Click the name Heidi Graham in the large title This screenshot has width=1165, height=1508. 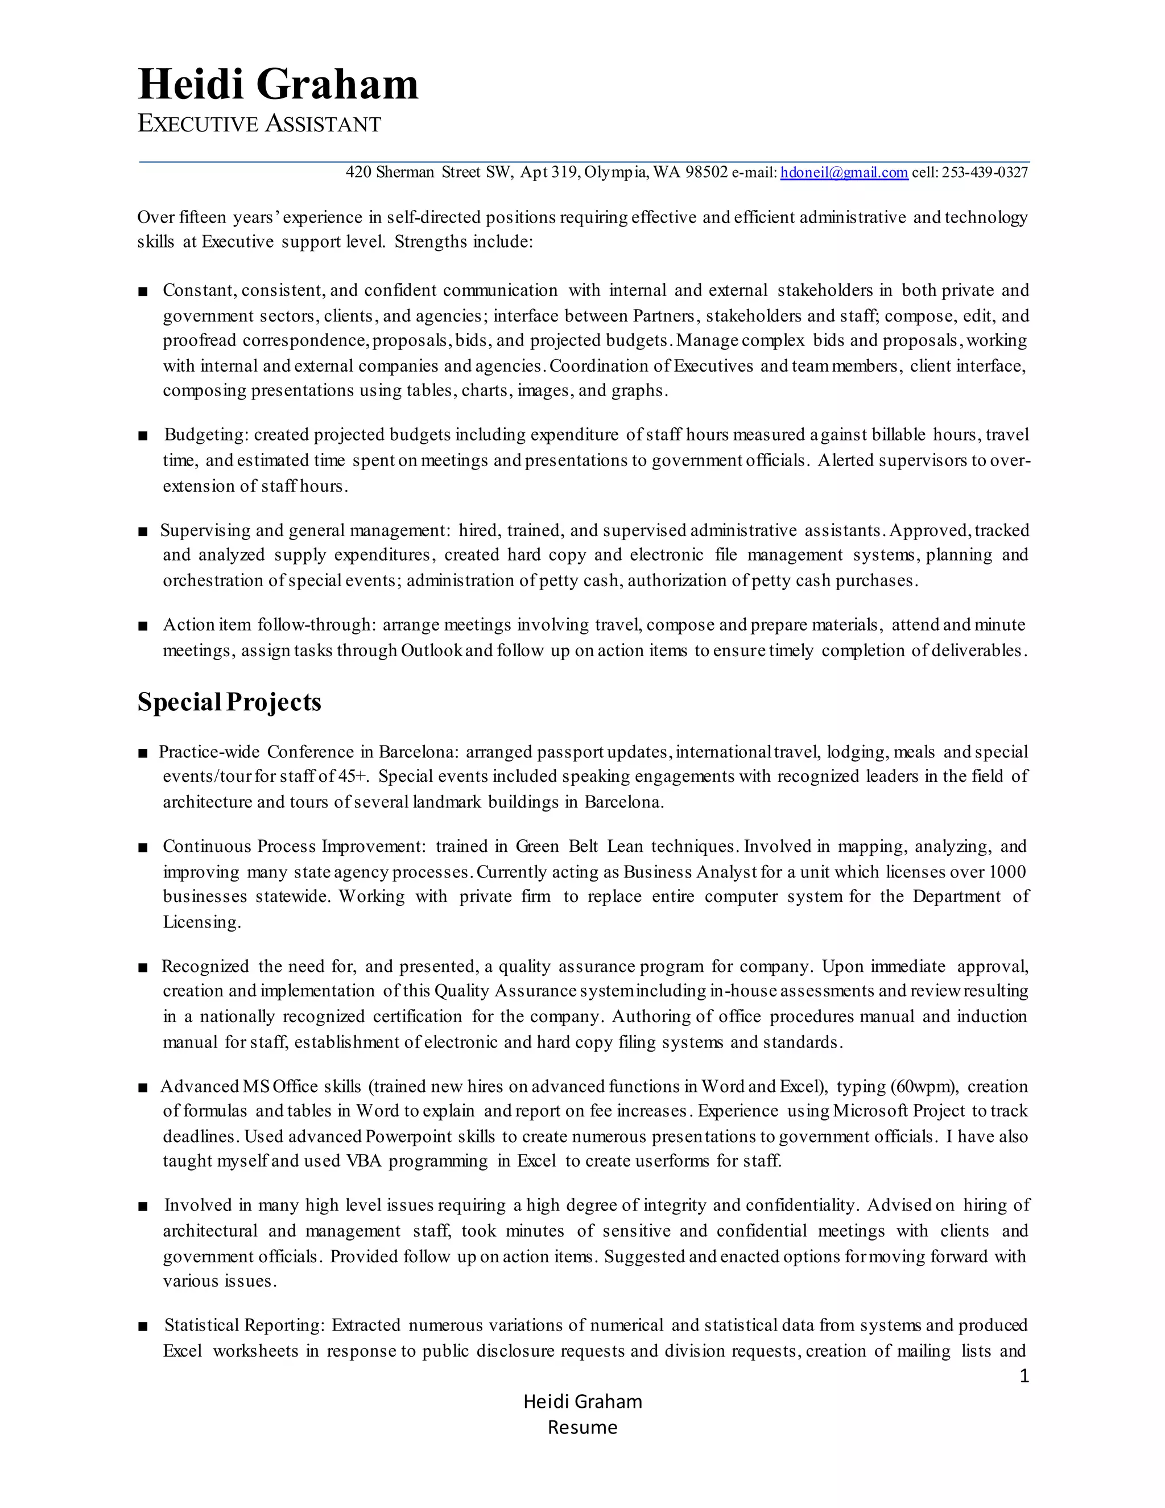tap(278, 84)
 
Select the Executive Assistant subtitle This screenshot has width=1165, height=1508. tap(259, 124)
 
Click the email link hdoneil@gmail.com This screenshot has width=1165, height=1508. tap(844, 172)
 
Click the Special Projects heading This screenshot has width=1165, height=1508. tap(229, 702)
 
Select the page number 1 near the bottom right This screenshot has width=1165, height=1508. tap(1024, 1376)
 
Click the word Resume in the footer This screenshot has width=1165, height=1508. tap(582, 1427)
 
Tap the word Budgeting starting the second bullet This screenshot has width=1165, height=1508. tap(205, 435)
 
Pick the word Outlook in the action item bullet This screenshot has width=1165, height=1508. tap(431, 650)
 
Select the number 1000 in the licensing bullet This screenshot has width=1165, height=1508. tap(1007, 872)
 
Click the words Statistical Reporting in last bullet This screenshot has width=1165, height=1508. tap(243, 1325)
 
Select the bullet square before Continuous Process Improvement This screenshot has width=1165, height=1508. tap(143, 848)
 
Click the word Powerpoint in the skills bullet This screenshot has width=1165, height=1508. tap(408, 1136)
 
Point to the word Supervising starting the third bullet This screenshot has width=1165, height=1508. tap(205, 530)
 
